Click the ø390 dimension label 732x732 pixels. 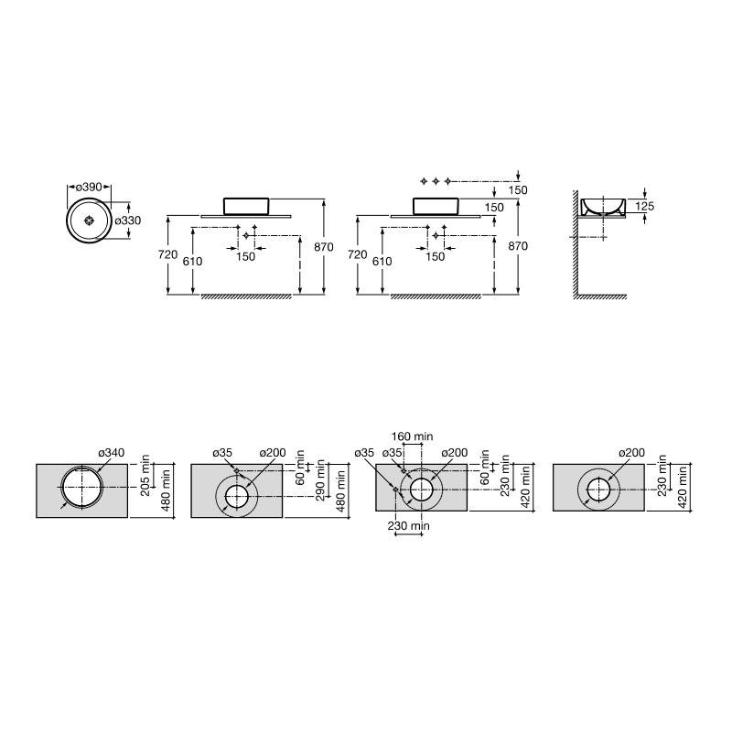pos(89,188)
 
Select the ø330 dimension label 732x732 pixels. pos(127,221)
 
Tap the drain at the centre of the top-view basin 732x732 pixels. pos(89,221)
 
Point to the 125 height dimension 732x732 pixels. pos(645,206)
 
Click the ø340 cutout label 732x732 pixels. pos(111,453)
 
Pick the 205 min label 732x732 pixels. pos(145,475)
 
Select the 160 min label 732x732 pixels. pos(412,436)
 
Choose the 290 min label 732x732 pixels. pos(320,480)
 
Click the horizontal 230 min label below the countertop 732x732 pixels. pos(408,526)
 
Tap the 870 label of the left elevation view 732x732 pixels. pos(324,247)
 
